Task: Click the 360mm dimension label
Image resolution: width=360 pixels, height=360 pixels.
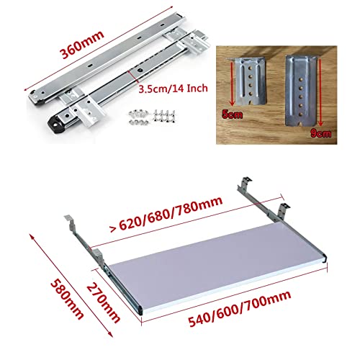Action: [x=82, y=45]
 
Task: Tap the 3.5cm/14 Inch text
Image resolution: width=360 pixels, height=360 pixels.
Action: [x=174, y=89]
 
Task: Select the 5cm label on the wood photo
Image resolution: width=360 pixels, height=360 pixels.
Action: [x=232, y=114]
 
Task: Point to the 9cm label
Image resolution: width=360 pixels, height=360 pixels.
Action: [x=320, y=133]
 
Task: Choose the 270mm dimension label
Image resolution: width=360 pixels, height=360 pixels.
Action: [x=103, y=302]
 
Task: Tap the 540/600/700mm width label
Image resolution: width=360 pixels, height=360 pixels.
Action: [x=240, y=309]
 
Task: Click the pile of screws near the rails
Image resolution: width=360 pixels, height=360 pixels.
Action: [x=152, y=117]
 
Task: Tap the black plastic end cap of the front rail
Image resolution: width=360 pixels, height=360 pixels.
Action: [x=57, y=124]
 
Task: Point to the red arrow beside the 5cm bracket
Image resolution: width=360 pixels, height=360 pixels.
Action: [x=232, y=84]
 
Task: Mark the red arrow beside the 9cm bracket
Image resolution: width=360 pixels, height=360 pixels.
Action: [x=320, y=92]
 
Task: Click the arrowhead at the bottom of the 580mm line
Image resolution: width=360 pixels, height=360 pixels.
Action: [x=110, y=335]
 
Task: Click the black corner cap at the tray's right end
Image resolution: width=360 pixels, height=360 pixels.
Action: [x=325, y=258]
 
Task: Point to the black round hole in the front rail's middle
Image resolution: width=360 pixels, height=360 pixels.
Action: [x=139, y=71]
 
